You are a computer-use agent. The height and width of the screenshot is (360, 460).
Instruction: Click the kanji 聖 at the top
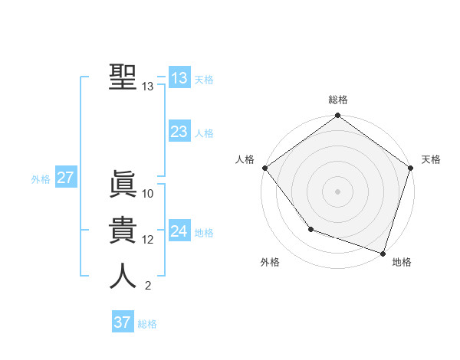click(x=123, y=77)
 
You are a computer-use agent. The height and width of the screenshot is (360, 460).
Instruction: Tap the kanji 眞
click(x=123, y=185)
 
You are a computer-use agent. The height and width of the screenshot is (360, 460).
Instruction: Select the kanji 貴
click(x=123, y=231)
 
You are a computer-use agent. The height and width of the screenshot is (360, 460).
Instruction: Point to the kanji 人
click(x=123, y=277)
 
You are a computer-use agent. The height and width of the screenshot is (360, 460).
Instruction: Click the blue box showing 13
click(x=179, y=78)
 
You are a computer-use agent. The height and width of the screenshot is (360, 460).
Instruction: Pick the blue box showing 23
click(x=179, y=132)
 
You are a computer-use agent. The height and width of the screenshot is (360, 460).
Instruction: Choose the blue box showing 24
click(x=179, y=231)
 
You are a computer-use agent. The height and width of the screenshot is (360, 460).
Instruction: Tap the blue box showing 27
click(x=65, y=178)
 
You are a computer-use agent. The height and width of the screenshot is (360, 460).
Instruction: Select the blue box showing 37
click(x=123, y=322)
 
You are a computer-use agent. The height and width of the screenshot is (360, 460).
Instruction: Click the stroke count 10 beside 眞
click(x=148, y=194)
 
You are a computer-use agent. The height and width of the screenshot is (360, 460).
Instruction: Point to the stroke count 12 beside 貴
click(x=148, y=240)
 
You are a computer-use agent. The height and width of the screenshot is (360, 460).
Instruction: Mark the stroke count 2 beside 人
click(x=148, y=286)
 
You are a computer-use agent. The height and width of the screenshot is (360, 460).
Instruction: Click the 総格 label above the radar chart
click(x=337, y=100)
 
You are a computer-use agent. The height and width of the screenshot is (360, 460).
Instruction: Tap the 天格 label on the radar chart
click(x=432, y=159)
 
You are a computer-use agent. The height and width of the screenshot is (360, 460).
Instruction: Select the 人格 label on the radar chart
click(x=245, y=159)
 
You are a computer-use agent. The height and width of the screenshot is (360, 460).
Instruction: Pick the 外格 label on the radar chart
click(x=270, y=262)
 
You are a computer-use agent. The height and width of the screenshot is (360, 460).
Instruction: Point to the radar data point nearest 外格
click(x=310, y=228)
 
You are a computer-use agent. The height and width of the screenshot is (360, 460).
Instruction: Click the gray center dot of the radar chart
click(x=337, y=191)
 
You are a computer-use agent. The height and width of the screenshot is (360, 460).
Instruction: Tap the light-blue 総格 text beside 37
click(x=147, y=323)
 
